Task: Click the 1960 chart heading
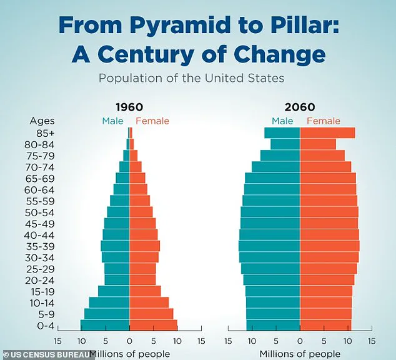pyautogui.click(x=129, y=107)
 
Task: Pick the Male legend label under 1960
pyautogui.click(x=114, y=121)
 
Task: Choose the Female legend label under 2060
pyautogui.click(x=324, y=121)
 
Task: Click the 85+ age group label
pyautogui.click(x=46, y=132)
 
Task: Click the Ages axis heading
pyautogui.click(x=42, y=121)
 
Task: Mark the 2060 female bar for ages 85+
pyautogui.click(x=327, y=132)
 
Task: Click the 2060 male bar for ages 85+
pyautogui.click(x=282, y=132)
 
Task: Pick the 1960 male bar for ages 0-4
pyautogui.click(x=105, y=325)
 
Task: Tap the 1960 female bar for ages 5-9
pyautogui.click(x=151, y=314)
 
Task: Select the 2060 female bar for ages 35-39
pyautogui.click(x=330, y=246)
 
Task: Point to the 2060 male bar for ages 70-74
pyautogui.click(x=276, y=166)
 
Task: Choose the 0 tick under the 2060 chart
pyautogui.click(x=300, y=342)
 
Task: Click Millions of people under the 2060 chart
pyautogui.click(x=300, y=354)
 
